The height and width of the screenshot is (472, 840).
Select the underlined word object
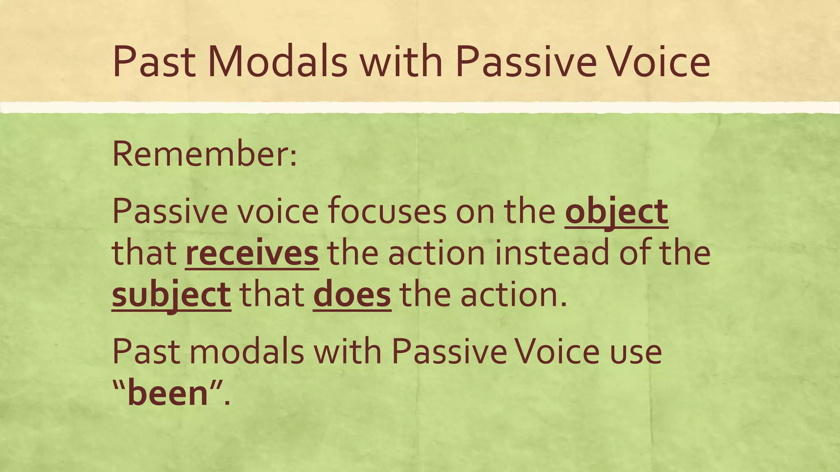tap(616, 212)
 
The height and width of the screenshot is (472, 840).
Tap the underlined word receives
tap(252, 253)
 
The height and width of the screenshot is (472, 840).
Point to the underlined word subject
tap(171, 295)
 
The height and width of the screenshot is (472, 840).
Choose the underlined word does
tap(352, 295)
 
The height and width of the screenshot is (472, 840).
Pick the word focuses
tap(387, 212)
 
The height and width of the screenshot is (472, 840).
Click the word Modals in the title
tap(278, 62)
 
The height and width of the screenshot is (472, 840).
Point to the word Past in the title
tap(154, 62)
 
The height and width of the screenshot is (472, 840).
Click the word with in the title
tap(401, 62)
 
